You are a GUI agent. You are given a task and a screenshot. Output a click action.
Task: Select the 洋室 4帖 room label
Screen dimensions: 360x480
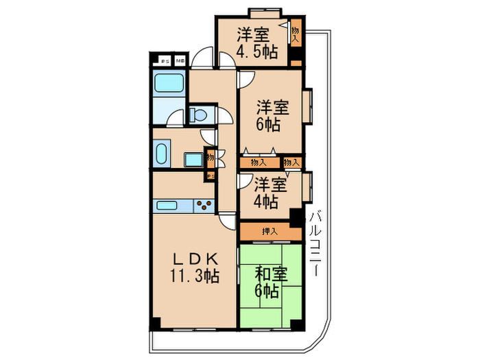pyautogui.click(x=267, y=193)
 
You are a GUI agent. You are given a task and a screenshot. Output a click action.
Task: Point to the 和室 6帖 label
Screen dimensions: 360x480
pyautogui.click(x=269, y=282)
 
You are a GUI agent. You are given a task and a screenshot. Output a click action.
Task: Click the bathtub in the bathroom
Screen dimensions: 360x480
pyautogui.click(x=167, y=85)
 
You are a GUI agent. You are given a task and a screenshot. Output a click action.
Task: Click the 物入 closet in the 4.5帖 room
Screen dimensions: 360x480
pyautogui.click(x=296, y=34)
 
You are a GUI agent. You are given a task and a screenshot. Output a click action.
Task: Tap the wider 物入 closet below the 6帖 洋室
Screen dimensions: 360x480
pyautogui.click(x=259, y=163)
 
